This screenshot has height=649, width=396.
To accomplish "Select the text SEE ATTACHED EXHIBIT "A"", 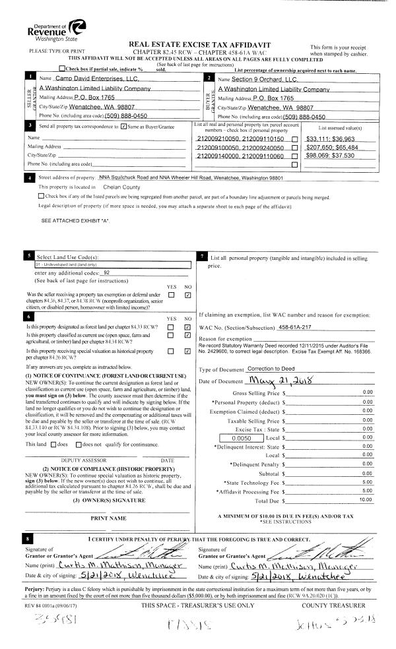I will tap(75, 221).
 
